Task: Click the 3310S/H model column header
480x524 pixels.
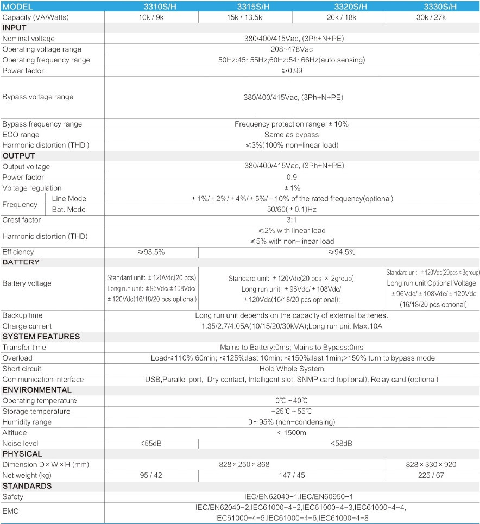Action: (151, 7)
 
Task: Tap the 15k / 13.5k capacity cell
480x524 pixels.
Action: (245, 17)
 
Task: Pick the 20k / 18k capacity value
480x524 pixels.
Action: (338, 17)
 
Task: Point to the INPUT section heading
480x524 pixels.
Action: (15, 28)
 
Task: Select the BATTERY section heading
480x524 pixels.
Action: (21, 262)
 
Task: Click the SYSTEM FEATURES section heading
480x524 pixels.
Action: (41, 337)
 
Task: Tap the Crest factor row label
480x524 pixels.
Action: (22, 220)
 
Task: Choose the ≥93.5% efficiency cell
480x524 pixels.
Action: (151, 252)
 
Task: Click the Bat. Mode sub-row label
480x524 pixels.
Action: (69, 209)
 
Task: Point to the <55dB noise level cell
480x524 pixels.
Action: (151, 444)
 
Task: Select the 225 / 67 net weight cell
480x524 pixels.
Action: (433, 475)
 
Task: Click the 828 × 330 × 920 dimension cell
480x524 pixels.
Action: (433, 464)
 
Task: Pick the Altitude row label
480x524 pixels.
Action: (15, 433)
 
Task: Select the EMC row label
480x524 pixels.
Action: (11, 511)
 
